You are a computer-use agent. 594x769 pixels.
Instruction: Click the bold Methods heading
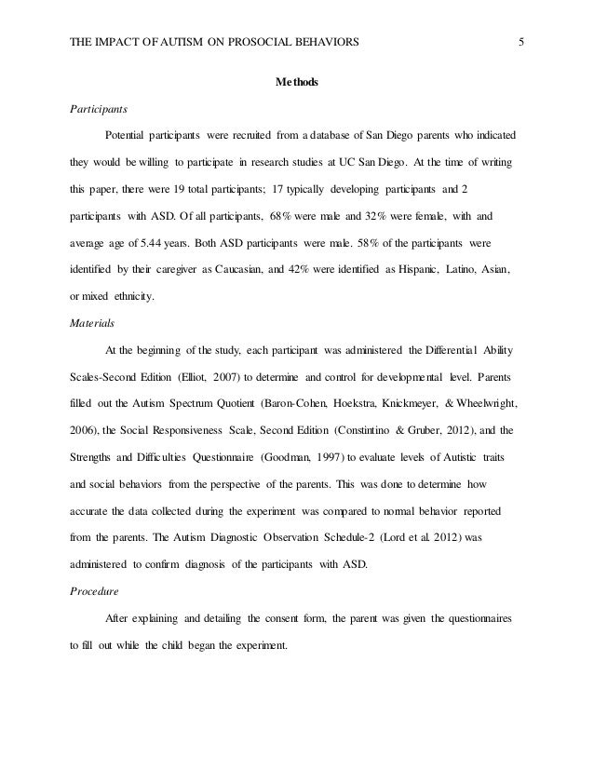pyautogui.click(x=296, y=83)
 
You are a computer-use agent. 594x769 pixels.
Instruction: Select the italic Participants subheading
pyautogui.click(x=101, y=108)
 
